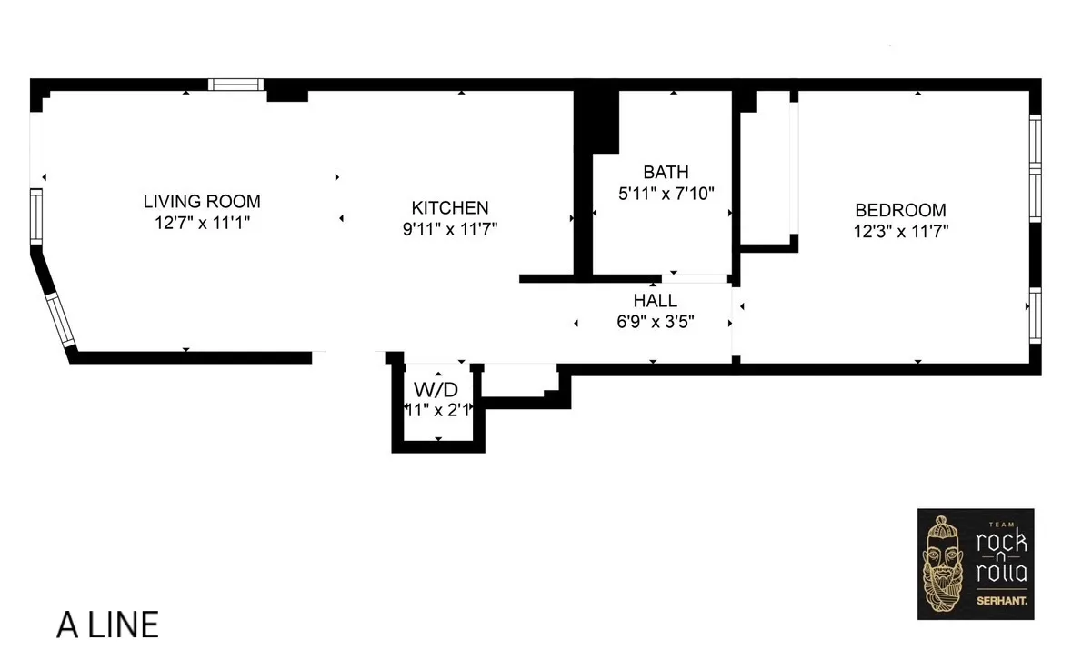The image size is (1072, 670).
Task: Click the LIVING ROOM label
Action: click(202, 201)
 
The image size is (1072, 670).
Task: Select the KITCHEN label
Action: click(450, 208)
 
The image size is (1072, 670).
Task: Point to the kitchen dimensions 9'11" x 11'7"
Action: click(450, 229)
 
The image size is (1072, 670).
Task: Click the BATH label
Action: click(666, 172)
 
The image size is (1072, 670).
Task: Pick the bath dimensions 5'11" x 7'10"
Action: click(666, 193)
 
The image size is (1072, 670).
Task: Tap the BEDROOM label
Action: click(899, 210)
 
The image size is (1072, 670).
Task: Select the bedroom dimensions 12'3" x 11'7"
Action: click(899, 231)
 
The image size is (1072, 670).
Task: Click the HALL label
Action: click(655, 300)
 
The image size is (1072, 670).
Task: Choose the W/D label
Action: click(436, 390)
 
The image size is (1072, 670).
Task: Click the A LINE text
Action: click(107, 625)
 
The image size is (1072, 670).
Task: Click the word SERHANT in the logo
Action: click(1000, 601)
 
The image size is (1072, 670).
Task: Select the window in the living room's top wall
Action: click(235, 85)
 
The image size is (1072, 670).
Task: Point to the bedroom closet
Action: click(769, 168)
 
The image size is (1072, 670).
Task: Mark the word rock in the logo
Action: click(1000, 543)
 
